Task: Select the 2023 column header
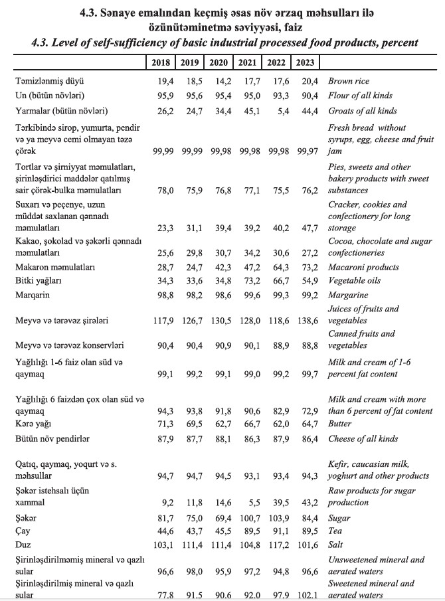point(305,62)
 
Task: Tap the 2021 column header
point(247,62)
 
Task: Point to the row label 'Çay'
point(24,531)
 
